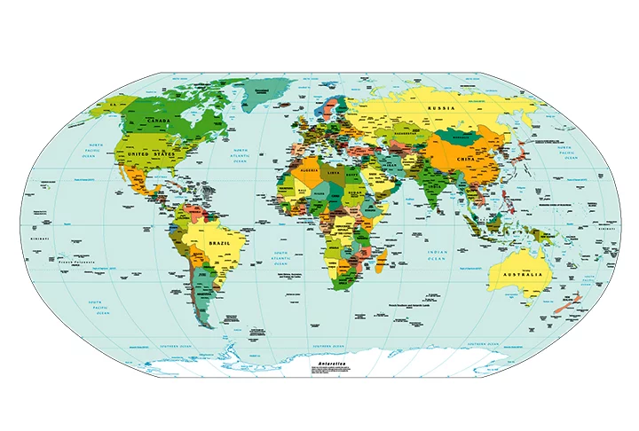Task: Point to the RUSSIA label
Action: (441, 108)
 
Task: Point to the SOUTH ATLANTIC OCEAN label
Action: (280, 258)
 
